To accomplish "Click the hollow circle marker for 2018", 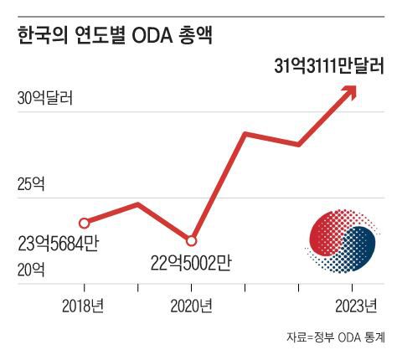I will (x=83, y=223).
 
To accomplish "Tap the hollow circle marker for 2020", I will (x=191, y=240).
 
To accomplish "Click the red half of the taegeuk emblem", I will (x=327, y=234).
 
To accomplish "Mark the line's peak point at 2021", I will (x=245, y=133).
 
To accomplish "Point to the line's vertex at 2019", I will (x=137, y=203).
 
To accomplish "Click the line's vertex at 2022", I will (x=299, y=145).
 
